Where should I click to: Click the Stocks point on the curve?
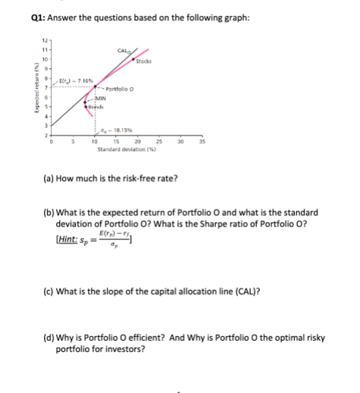134,58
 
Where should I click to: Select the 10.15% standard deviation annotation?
110,129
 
